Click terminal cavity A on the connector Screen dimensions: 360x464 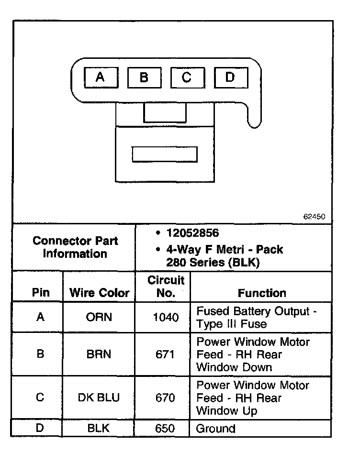pos(101,77)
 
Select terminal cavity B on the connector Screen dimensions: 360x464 pos(144,77)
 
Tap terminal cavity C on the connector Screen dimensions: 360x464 pos(187,77)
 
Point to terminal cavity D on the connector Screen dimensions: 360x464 pos(230,77)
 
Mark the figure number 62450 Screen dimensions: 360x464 pos(314,216)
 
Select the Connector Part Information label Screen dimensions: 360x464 pos(75,247)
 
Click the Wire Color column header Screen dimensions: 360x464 pos(100,293)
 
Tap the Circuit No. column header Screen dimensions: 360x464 pos(166,287)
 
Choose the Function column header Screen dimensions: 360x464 pos(262,293)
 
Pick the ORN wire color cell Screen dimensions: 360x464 pos(99,318)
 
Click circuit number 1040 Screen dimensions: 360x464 pos(166,318)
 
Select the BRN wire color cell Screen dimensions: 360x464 pos(99,354)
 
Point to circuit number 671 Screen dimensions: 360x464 pos(166,354)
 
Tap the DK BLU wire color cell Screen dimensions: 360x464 pos(99,398)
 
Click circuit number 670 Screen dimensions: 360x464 pos(166,398)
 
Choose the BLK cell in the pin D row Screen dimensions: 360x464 pos(99,428)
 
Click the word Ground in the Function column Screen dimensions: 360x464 pos(215,428)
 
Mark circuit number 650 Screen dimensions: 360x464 pos(166,428)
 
